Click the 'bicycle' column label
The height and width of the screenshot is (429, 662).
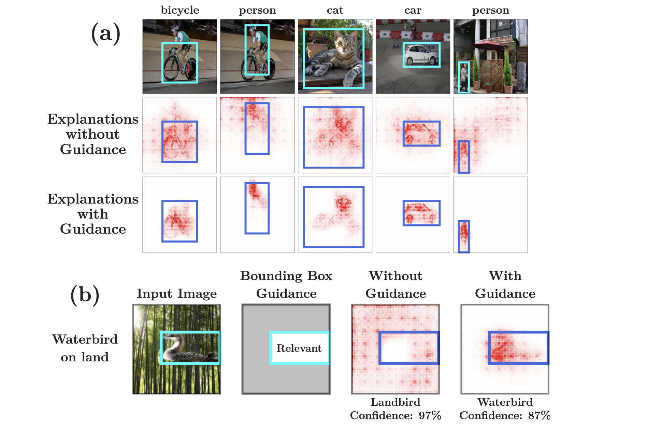pyautogui.click(x=180, y=10)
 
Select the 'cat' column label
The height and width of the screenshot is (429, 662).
pyautogui.click(x=335, y=10)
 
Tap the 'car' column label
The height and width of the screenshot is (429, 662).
pyautogui.click(x=413, y=10)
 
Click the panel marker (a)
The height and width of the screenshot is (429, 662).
pyautogui.click(x=106, y=33)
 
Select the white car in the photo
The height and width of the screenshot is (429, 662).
pyautogui.click(x=421, y=55)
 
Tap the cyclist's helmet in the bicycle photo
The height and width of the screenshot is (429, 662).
pyautogui.click(x=175, y=28)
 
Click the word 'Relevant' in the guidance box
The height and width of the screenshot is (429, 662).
pyautogui.click(x=299, y=348)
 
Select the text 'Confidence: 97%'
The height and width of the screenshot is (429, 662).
pyautogui.click(x=395, y=415)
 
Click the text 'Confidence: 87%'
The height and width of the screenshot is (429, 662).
pyautogui.click(x=505, y=415)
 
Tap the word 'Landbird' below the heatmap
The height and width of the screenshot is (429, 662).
pyautogui.click(x=395, y=402)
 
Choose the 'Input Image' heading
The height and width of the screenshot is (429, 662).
pyautogui.click(x=177, y=293)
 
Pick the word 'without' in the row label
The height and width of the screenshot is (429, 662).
pyautogui.click(x=93, y=134)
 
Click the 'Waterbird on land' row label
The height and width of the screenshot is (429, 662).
pyautogui.click(x=85, y=348)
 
